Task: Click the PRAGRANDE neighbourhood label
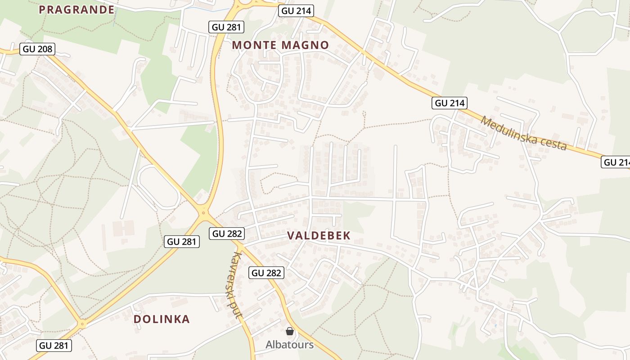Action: point(76,9)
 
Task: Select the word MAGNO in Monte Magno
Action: point(306,45)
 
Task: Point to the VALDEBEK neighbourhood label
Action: point(319,235)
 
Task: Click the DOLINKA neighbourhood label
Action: point(162,319)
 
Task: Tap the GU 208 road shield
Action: point(38,49)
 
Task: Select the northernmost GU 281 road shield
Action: point(227,27)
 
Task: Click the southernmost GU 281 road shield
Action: point(54,346)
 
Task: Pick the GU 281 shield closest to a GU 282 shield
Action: point(182,242)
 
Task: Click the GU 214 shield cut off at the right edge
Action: point(616,162)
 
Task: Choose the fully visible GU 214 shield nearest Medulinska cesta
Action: point(450,103)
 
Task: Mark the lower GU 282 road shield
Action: point(266,273)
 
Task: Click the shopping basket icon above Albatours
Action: point(290,331)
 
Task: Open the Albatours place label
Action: point(289,345)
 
